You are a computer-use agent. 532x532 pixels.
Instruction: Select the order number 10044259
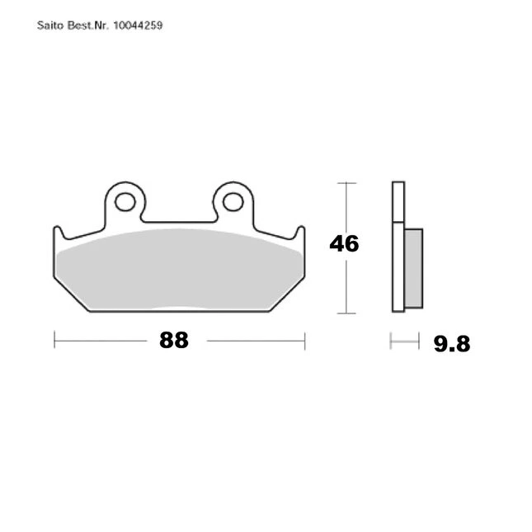(x=138, y=26)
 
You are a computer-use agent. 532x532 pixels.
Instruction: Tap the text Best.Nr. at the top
(x=88, y=26)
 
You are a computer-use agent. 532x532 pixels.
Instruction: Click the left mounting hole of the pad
(x=125, y=202)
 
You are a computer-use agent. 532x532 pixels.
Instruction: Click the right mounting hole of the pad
(x=233, y=202)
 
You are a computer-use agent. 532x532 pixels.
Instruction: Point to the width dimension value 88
(x=174, y=340)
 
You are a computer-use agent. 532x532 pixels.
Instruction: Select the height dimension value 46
(x=344, y=243)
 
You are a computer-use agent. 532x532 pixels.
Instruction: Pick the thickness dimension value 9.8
(x=452, y=344)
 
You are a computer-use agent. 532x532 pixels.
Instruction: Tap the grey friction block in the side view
(x=413, y=268)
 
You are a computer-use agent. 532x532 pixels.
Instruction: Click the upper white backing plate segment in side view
(x=398, y=202)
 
